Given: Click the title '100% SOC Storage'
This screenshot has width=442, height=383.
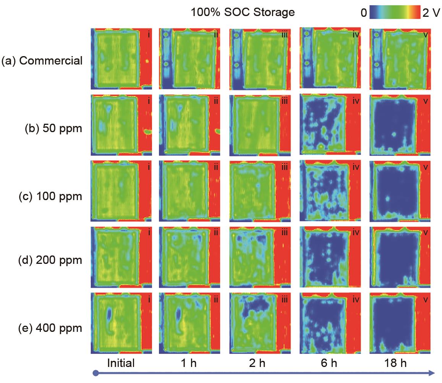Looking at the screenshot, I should coord(243,12).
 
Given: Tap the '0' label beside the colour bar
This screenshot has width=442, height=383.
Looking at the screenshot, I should coord(363,14).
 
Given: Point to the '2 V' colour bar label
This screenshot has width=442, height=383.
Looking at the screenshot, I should coord(431,14).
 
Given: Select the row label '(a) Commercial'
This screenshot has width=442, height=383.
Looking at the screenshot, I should coord(42,60).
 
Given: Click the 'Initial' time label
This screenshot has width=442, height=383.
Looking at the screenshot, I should coord(121,363).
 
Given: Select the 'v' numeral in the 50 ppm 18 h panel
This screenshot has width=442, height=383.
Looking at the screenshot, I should coord(424,102).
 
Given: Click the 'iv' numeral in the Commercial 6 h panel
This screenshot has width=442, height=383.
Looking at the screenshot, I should coord(356,35).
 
